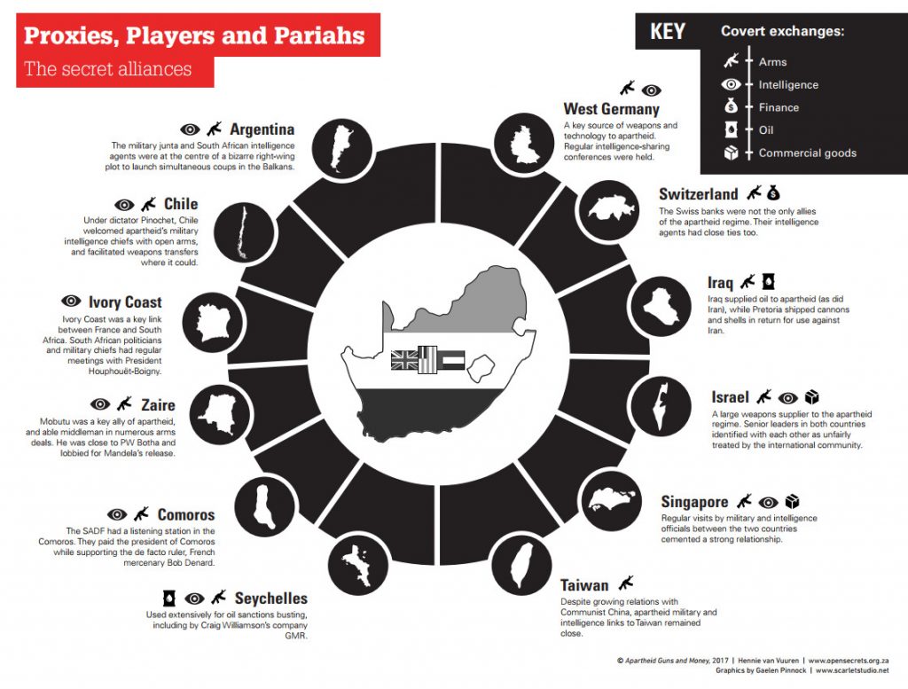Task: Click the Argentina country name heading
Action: coord(262,129)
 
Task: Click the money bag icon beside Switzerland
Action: coord(773,192)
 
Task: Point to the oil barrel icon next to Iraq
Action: coord(769,282)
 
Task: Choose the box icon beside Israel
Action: coord(811,396)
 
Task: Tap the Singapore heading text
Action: coord(694,502)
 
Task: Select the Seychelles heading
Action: coord(271,599)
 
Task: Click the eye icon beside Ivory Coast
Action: coord(71,301)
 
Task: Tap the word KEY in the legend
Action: coord(667,32)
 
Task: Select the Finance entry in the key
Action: coord(779,107)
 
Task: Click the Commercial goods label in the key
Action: coord(807,153)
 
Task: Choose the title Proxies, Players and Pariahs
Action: coord(194,36)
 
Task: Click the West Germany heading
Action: coord(612,109)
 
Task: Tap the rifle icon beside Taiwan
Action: coord(627,583)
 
